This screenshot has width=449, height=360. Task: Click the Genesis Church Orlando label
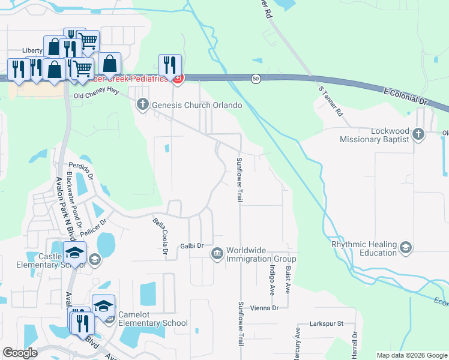(x=197, y=105)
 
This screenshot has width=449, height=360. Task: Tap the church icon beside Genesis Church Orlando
(x=143, y=105)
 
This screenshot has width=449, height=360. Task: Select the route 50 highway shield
(x=256, y=79)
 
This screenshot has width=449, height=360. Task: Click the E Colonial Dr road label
(x=406, y=95)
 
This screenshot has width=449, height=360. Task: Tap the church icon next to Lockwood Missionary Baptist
(x=419, y=134)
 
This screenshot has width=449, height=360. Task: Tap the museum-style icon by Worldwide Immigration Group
(x=216, y=254)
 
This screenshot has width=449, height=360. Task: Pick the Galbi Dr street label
(x=192, y=246)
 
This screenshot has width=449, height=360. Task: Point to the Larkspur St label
(x=326, y=324)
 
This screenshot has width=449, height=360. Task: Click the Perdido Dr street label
(x=82, y=170)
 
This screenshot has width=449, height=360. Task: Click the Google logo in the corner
(x=20, y=353)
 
